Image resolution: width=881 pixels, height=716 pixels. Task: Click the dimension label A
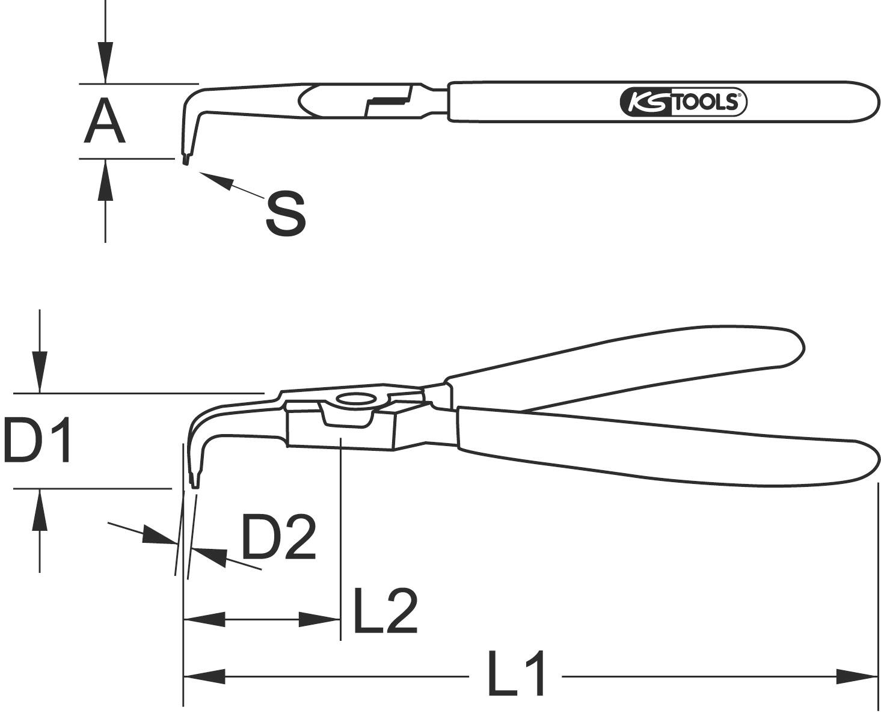[x=105, y=123]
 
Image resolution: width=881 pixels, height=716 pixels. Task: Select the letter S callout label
[x=286, y=213]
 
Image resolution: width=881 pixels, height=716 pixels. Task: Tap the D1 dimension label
[x=37, y=441]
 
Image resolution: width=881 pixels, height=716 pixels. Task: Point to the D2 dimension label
[x=278, y=537]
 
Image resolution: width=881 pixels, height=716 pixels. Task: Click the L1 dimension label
[x=516, y=673]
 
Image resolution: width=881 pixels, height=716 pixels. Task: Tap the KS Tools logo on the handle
[x=683, y=102]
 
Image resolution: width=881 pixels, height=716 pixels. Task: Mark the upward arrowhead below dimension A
[x=105, y=180]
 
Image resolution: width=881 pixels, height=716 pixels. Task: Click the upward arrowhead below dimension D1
[x=40, y=510]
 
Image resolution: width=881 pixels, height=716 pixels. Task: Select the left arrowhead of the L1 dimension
[x=204, y=676]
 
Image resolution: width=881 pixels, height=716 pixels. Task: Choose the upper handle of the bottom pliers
[x=631, y=361]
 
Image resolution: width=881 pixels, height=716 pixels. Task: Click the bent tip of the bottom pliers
[x=194, y=481]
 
